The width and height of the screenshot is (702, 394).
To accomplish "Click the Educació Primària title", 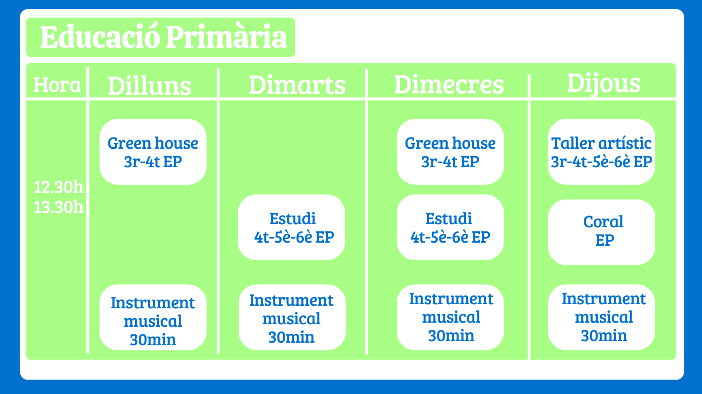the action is click(163, 37).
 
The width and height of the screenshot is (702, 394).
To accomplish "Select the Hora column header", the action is click(57, 85).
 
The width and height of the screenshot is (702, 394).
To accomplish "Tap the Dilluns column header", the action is click(149, 86).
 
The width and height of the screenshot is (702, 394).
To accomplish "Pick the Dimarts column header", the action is click(297, 85).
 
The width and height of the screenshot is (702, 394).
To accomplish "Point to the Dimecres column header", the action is click(449, 85).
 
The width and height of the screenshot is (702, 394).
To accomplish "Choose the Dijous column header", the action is click(604, 84).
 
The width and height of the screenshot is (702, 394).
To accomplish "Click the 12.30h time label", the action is click(58, 187).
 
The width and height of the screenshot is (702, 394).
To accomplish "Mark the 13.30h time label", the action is click(58, 207).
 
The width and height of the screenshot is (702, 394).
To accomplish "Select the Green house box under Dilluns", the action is click(153, 152).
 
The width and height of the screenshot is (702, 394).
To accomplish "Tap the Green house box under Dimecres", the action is click(450, 152).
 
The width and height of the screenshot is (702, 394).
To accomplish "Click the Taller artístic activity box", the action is click(601, 152).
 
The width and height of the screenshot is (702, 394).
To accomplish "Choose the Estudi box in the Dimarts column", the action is click(291, 227).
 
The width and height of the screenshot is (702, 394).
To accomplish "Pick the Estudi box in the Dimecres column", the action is click(450, 227).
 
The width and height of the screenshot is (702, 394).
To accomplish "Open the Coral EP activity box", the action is click(601, 232).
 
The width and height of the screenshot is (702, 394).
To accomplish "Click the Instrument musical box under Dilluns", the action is click(153, 318).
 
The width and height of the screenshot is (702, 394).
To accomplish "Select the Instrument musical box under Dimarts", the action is click(292, 318).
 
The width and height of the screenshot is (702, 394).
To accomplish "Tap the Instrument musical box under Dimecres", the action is click(450, 318).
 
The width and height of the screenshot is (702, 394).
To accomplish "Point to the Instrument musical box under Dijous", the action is click(601, 318).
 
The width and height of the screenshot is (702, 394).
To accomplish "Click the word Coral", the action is click(603, 222).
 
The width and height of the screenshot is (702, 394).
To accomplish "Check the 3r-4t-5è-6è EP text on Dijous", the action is click(601, 162).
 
